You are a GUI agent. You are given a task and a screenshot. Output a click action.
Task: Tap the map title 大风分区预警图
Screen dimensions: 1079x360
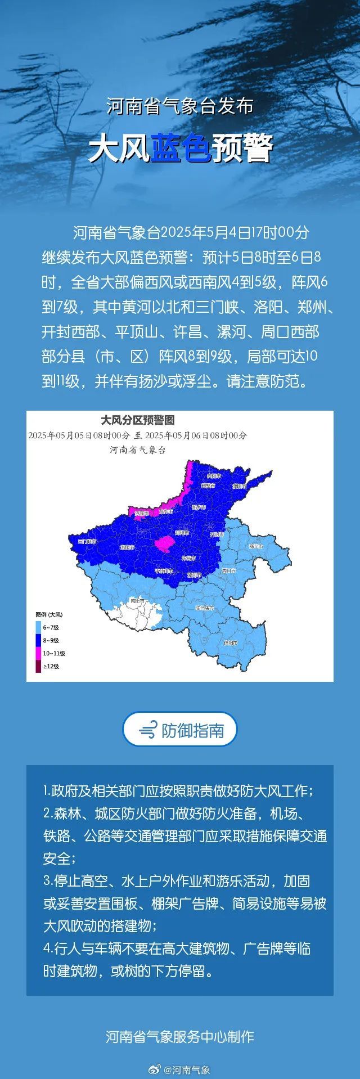pyautogui.click(x=138, y=420)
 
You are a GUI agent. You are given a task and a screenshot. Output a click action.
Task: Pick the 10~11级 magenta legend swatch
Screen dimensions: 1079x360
pyautogui.click(x=38, y=653)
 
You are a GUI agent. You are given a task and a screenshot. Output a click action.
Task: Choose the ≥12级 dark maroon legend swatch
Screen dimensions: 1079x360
pyautogui.click(x=38, y=666)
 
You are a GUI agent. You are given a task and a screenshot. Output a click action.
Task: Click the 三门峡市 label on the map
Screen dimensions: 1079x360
pyautogui.click(x=87, y=541)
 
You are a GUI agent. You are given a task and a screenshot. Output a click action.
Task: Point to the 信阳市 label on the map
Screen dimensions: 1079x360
pyautogui.click(x=231, y=642)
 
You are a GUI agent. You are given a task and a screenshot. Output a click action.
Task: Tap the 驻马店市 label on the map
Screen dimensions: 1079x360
pyautogui.click(x=205, y=608)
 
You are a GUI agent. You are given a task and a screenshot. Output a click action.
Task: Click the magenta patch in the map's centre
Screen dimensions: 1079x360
pyautogui.click(x=165, y=543)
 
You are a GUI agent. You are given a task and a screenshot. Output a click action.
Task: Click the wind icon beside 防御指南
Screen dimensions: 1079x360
pyautogui.click(x=148, y=730)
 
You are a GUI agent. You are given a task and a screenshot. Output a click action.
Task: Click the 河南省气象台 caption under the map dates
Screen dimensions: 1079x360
pyautogui.click(x=138, y=450)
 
